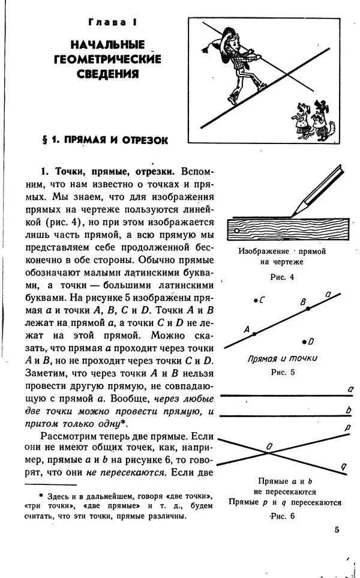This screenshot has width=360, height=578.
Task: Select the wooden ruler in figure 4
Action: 281,229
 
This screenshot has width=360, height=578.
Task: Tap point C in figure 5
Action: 256,299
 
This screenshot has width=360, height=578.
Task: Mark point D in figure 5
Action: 304,341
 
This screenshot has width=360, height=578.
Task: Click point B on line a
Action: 308,309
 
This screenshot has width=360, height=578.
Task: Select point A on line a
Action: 254,334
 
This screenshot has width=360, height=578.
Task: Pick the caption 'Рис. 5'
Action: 282,373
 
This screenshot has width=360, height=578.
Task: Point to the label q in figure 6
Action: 344,466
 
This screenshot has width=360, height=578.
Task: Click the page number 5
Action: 337,529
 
